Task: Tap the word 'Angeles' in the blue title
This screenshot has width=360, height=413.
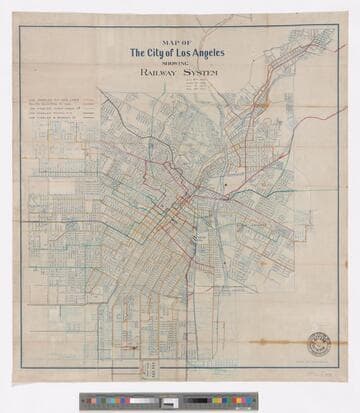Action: (202, 53)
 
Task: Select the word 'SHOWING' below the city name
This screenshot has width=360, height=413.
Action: (176, 64)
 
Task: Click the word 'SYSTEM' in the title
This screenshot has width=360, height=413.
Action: (202, 75)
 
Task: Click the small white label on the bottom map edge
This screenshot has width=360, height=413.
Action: (153, 369)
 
